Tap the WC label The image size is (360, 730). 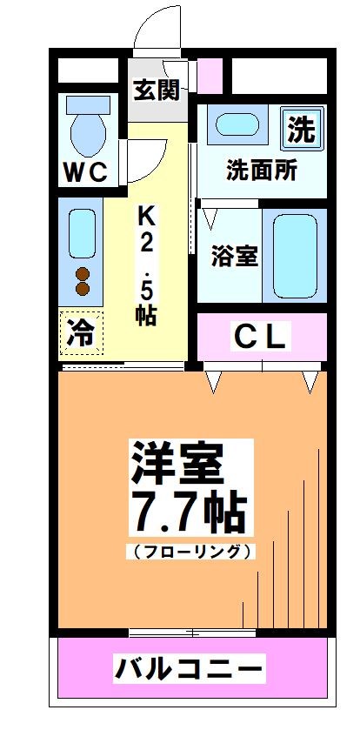click(x=84, y=171)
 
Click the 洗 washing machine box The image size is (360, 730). click(x=301, y=130)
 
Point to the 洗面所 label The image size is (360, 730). click(x=262, y=169)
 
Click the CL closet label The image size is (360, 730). click(x=262, y=338)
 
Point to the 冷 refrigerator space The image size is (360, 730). click(x=80, y=333)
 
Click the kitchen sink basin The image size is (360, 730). click(x=81, y=233)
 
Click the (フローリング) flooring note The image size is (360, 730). click(x=193, y=551)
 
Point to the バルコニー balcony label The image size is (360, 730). click(x=189, y=670)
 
